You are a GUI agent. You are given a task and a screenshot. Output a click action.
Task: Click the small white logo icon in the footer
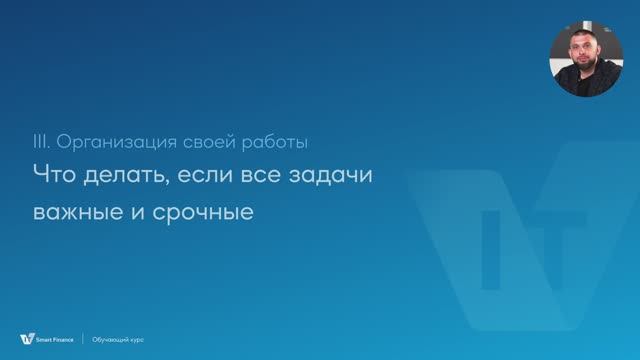click(x=26, y=339)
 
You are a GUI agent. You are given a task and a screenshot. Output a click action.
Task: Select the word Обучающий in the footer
click(x=109, y=339)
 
